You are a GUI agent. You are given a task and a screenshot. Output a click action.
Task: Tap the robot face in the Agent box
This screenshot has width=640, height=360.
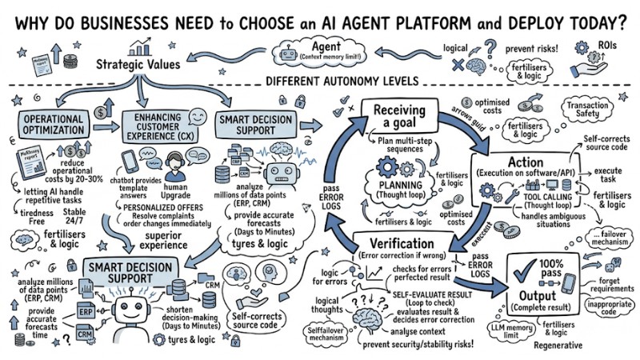289,53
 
